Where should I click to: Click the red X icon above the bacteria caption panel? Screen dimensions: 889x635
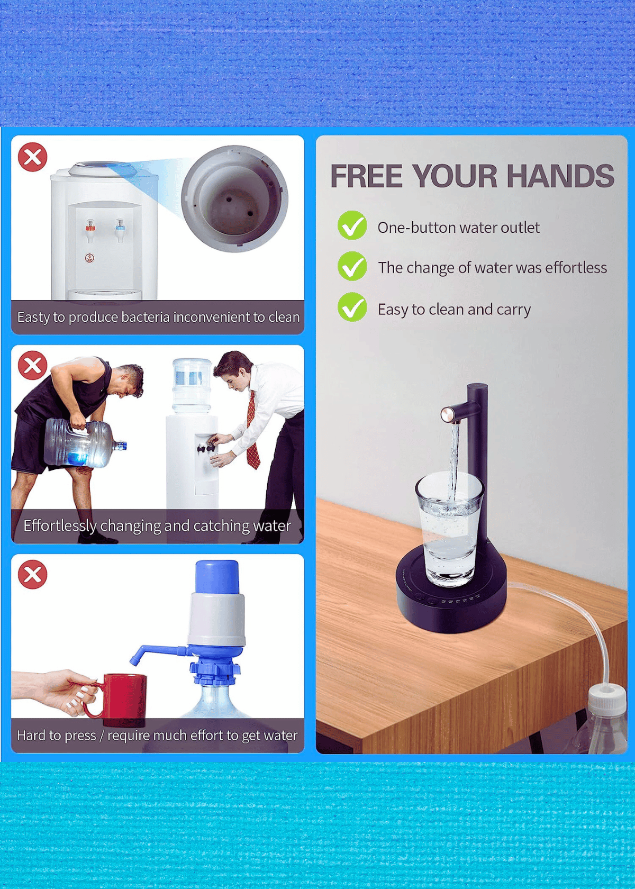pyautogui.click(x=33, y=157)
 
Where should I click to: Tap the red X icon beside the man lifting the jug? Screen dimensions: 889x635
pyautogui.click(x=33, y=365)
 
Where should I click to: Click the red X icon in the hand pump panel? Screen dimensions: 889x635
pyautogui.click(x=33, y=574)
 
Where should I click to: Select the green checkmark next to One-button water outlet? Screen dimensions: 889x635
pyautogui.click(x=352, y=225)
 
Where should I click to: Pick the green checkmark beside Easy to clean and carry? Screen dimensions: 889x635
pyautogui.click(x=352, y=307)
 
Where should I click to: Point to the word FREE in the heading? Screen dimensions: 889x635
pyautogui.click(x=366, y=176)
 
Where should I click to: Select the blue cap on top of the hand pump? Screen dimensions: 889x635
pyautogui.click(x=217, y=577)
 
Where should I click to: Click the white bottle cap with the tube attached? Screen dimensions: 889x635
pyautogui.click(x=607, y=698)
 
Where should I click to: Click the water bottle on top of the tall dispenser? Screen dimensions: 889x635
pyautogui.click(x=192, y=384)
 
